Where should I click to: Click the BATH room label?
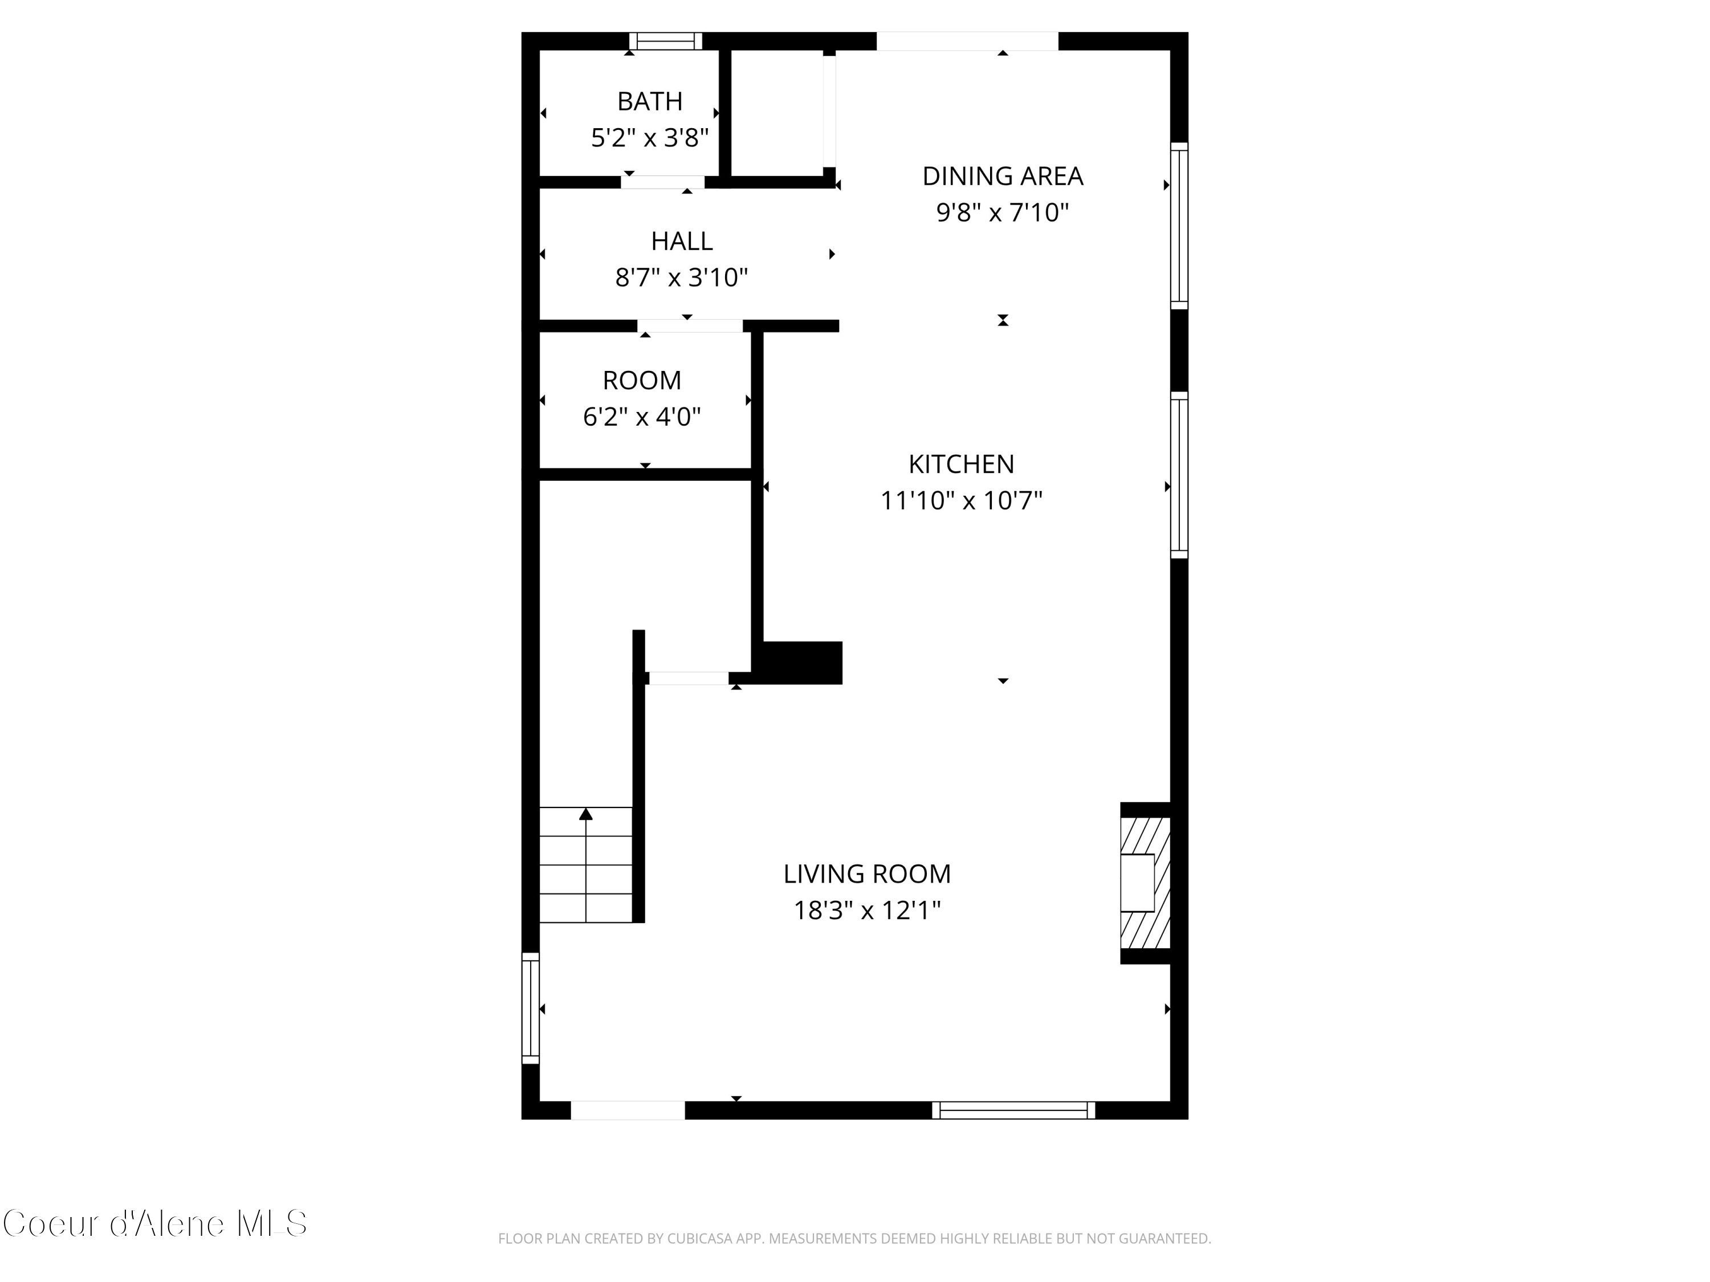click(x=649, y=101)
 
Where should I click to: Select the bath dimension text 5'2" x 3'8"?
click(x=649, y=137)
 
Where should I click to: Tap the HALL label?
click(x=681, y=241)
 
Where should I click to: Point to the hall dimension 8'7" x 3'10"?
click(x=681, y=277)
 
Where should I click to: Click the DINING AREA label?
click(x=1002, y=176)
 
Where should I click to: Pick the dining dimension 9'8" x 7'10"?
click(x=1002, y=213)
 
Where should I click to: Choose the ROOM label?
click(x=642, y=380)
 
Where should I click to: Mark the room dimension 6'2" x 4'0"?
click(x=642, y=417)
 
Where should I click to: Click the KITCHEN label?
click(x=961, y=464)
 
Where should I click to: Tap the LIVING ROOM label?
click(x=866, y=874)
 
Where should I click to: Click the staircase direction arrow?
click(x=586, y=814)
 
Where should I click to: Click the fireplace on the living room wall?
click(x=1145, y=883)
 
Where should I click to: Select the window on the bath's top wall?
click(x=665, y=41)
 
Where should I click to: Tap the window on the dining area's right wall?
click(x=1179, y=226)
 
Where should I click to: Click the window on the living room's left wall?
click(x=530, y=1008)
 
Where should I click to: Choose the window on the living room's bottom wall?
click(x=1013, y=1110)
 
